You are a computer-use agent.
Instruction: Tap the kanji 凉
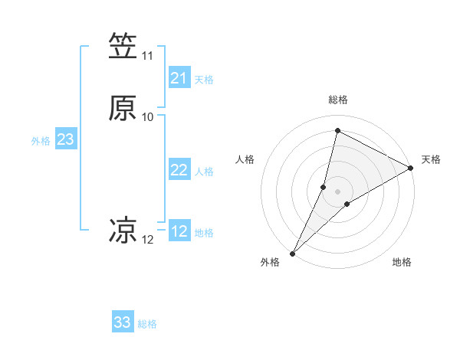123,230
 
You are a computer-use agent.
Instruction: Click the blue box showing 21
179,78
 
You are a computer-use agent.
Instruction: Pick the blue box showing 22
179,170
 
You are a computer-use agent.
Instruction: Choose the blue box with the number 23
65,139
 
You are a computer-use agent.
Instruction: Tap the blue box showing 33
123,322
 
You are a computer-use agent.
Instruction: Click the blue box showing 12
179,231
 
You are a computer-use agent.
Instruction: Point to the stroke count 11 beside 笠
148,56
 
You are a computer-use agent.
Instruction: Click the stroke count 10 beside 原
148,117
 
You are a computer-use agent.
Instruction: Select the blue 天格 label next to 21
204,80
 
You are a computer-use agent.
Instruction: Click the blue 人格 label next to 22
204,172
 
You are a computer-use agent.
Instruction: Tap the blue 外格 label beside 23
41,141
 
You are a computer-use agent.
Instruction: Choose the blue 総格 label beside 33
147,324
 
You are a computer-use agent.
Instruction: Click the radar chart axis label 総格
338,100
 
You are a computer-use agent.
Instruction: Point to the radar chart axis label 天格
431,159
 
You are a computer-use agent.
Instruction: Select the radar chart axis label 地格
402,262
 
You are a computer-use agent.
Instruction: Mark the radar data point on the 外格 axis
293,254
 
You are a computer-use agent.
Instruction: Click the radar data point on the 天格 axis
411,168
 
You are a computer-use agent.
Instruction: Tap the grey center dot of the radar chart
338,191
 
